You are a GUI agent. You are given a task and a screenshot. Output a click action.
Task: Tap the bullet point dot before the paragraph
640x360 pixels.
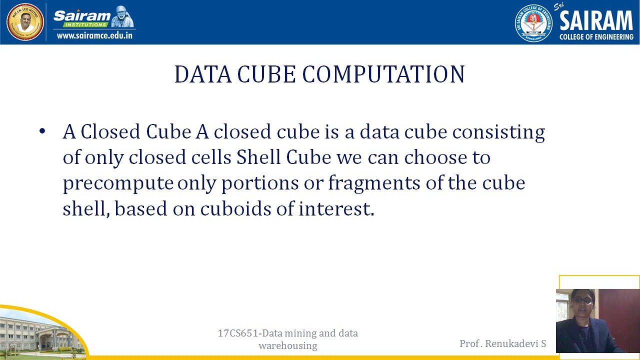[x=42, y=131]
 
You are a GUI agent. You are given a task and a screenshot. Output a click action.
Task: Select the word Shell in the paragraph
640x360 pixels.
[x=258, y=157]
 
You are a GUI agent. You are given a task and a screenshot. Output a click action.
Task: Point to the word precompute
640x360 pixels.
[x=118, y=183]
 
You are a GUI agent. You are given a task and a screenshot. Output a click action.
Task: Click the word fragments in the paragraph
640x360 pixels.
[x=374, y=183]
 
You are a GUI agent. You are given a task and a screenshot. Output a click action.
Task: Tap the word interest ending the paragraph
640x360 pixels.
[x=336, y=208]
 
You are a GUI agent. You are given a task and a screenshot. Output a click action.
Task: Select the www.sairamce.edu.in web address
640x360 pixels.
[x=94, y=35]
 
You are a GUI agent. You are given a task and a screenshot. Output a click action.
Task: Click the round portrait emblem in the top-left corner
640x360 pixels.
[x=25, y=22]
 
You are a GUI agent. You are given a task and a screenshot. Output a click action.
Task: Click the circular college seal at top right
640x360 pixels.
[x=533, y=23]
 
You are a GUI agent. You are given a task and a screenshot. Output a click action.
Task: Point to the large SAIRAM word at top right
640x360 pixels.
[x=596, y=21]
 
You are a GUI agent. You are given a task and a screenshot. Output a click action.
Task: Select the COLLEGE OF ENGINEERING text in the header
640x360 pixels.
[x=596, y=37]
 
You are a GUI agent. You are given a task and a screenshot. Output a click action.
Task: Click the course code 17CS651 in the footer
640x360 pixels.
[x=239, y=333]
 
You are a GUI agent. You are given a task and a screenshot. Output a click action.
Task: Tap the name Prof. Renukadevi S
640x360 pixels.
[x=502, y=343]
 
